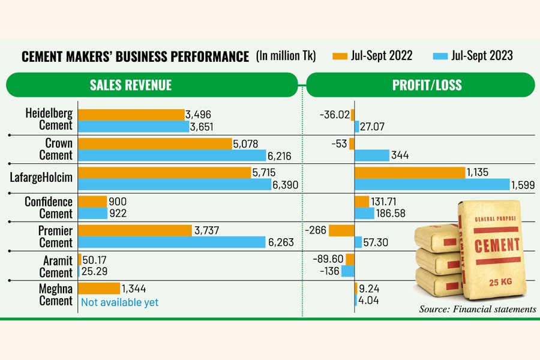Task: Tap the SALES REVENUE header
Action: point(130,85)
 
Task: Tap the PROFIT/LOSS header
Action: point(427,85)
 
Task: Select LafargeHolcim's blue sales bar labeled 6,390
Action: point(175,184)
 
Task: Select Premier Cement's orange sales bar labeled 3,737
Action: point(136,230)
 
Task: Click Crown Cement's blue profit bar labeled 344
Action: point(371,155)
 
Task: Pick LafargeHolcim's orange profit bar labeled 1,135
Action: point(410,173)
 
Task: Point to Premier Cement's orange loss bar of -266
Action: point(341,230)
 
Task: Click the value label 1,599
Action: point(523,184)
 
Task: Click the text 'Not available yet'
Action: point(119,302)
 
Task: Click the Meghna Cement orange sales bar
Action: point(99,289)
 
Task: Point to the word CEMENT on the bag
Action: point(497,244)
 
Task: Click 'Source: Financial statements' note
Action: point(477,309)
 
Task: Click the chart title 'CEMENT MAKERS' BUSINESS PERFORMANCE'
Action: point(135,57)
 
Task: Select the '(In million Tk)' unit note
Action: point(286,56)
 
